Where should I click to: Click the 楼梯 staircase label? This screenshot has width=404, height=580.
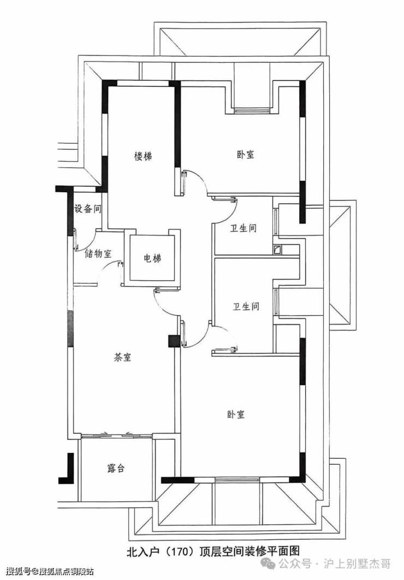tap(142, 156)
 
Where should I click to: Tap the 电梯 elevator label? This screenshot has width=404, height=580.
tap(152, 258)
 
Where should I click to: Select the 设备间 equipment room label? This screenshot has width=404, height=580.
tap(87, 209)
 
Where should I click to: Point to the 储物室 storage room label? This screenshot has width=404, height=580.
tap(98, 254)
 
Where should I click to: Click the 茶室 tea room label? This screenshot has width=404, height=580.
tap(122, 357)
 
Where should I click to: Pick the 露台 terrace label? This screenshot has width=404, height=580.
tap(116, 468)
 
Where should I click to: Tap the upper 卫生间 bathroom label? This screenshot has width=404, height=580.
tap(243, 228)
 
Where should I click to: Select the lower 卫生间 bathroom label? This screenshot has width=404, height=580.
tap(246, 306)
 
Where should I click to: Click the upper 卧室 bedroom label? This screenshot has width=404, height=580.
tap(246, 154)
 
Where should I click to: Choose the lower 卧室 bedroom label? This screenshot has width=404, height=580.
tap(236, 414)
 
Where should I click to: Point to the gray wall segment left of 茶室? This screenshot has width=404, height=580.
tap(70, 329)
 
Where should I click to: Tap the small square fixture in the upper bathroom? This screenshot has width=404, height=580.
tap(276, 251)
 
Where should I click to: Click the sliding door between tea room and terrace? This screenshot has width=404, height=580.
tap(116, 436)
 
